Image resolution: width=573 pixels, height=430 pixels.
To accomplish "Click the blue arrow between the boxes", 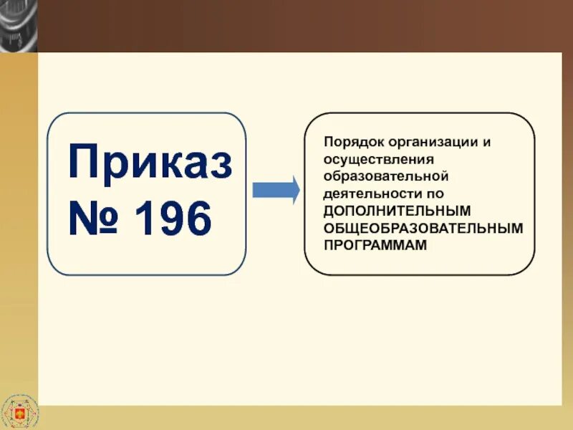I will click(x=276, y=191).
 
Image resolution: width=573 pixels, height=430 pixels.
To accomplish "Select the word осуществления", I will click(x=368, y=158).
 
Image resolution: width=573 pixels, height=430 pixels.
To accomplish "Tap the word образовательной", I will click(x=386, y=176).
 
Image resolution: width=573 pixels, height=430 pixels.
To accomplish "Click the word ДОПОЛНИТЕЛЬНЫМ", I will click(x=397, y=210).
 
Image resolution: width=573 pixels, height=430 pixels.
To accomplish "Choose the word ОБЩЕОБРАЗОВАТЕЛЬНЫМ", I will click(x=423, y=227).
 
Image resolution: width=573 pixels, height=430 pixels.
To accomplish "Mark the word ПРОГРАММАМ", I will click(x=375, y=244).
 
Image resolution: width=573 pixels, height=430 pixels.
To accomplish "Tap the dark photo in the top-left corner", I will click(x=18, y=25).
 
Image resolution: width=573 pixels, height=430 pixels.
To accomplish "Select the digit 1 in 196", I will click(x=146, y=219).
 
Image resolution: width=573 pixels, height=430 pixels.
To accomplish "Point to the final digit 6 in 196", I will click(x=198, y=219).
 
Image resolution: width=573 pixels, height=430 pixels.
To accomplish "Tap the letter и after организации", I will click(x=487, y=141).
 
